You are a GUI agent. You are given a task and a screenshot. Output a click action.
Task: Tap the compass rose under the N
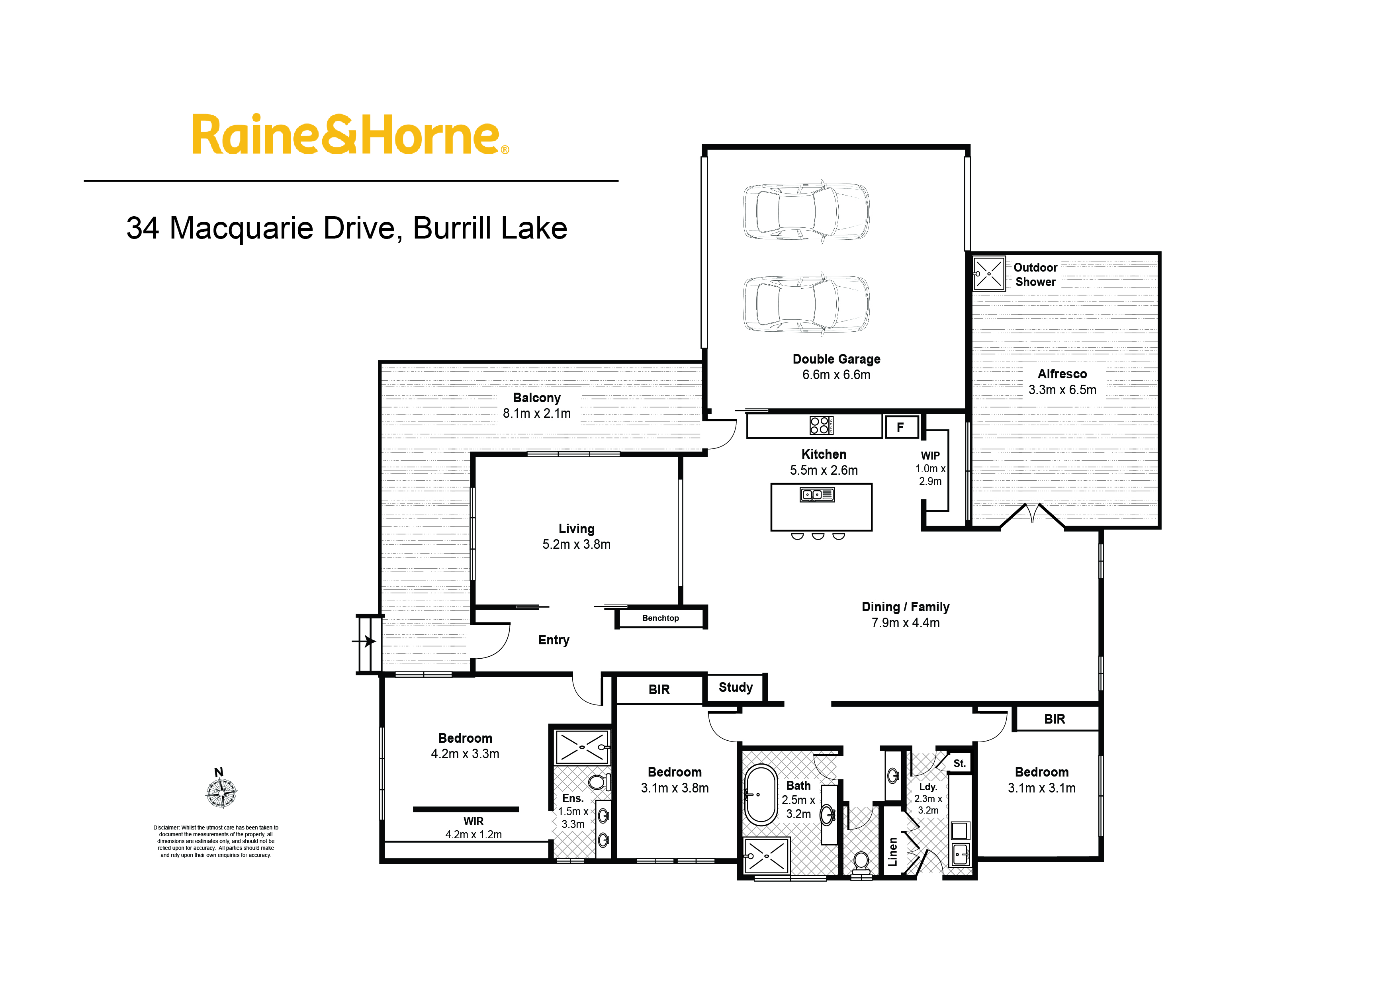point(221,793)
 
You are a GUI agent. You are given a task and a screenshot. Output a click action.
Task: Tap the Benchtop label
point(660,618)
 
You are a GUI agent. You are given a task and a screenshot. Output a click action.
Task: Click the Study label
point(736,687)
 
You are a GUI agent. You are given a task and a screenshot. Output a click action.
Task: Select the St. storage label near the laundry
point(959,763)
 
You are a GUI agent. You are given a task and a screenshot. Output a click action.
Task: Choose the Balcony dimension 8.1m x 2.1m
point(537,414)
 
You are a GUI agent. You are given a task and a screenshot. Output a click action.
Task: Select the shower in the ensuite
point(582,746)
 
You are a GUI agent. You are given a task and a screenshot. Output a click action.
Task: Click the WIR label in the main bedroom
point(473,821)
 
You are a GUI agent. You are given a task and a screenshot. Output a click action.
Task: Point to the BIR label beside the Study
point(659,689)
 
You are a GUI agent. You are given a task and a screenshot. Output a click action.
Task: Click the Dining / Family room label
point(905,607)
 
